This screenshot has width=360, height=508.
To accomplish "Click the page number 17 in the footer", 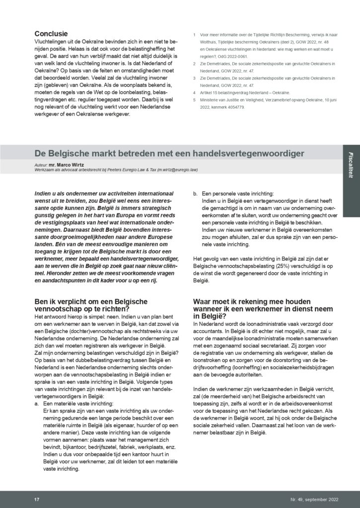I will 37,498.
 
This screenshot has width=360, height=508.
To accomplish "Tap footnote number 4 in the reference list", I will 193,93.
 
